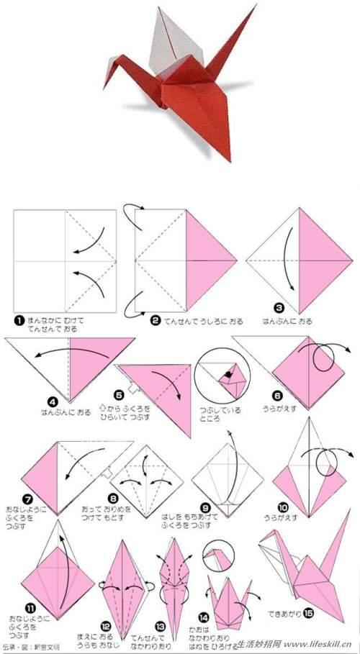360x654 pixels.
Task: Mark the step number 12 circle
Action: pos(106,625)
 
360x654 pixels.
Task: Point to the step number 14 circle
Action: pos(204,617)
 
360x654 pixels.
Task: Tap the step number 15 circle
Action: pos(308,612)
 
